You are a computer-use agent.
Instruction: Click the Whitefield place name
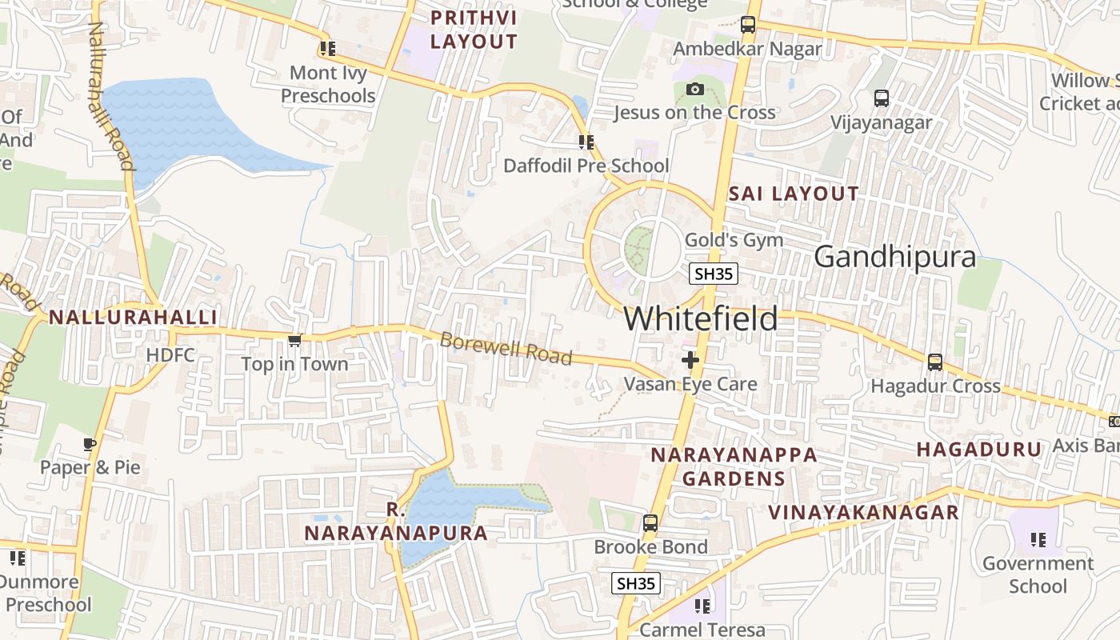pos(700,318)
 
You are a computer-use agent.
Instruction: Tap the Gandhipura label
pos(894,257)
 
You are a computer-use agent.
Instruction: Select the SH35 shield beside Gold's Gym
pos(714,274)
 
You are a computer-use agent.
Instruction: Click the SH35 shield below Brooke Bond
pos(636,583)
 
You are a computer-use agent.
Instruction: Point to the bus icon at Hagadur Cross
pos(934,362)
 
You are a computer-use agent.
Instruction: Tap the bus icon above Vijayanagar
pos(881,98)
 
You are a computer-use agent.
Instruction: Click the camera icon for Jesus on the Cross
pos(694,89)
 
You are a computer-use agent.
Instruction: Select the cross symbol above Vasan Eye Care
pos(690,360)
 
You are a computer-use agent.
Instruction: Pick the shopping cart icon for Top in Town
pos(294,341)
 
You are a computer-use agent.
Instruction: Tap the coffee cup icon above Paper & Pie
pos(90,444)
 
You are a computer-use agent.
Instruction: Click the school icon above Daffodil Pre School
pos(586,142)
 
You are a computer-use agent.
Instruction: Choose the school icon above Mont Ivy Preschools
pos(327,49)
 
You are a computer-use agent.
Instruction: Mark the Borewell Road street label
pos(506,349)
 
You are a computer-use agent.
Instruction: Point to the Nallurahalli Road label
pos(110,96)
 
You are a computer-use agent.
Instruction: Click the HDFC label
pos(170,354)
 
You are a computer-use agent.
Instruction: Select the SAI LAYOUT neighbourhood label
pos(793,194)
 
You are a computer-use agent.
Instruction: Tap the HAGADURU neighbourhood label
pos(979,450)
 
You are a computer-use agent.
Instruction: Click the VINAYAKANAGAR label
pos(863,512)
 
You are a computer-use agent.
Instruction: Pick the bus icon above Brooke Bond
pos(650,523)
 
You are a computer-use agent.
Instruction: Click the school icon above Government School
pos(1038,540)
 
